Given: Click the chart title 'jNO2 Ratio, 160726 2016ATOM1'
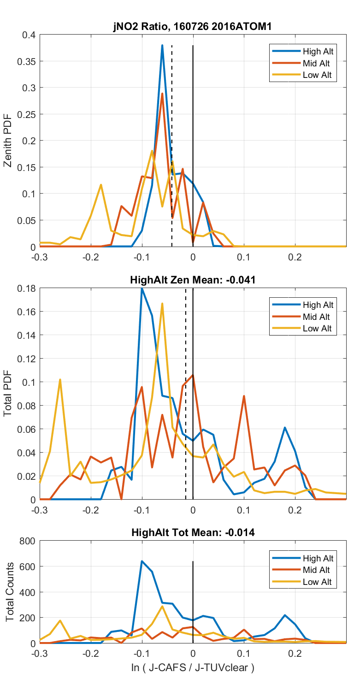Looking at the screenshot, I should (x=193, y=27).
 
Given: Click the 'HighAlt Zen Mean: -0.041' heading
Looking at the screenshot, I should (x=193, y=280).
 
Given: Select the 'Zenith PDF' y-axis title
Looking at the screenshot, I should (x=8, y=141).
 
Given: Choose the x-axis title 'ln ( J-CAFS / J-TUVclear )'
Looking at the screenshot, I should (x=193, y=667).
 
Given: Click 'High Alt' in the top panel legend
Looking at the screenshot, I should (x=318, y=51).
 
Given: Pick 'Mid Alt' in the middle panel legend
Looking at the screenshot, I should (x=316, y=317).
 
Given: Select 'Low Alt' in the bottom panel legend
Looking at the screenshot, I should (x=317, y=582).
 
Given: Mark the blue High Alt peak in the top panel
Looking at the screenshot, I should (x=162, y=46).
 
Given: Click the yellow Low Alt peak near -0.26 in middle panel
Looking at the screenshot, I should (x=60, y=380).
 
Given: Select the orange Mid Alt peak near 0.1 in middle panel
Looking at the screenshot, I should (x=244, y=396).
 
